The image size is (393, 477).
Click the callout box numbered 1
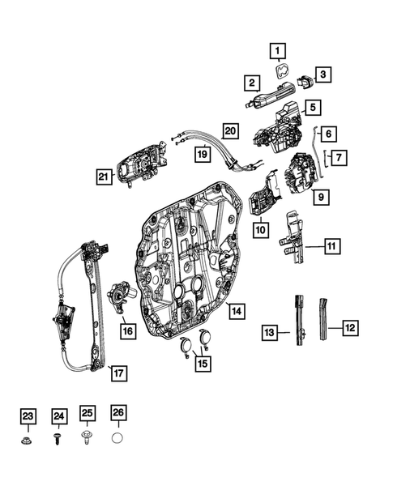coord(278,53)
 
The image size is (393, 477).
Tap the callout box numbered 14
coord(235,309)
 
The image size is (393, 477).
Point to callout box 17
coord(118,373)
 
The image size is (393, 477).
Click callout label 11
coord(333,245)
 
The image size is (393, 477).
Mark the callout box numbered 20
coord(231,130)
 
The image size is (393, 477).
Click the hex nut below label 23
coord(28,441)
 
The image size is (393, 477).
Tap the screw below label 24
coord(58,441)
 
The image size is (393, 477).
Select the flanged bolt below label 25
coord(88,441)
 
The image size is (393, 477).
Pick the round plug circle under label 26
coord(117,440)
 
